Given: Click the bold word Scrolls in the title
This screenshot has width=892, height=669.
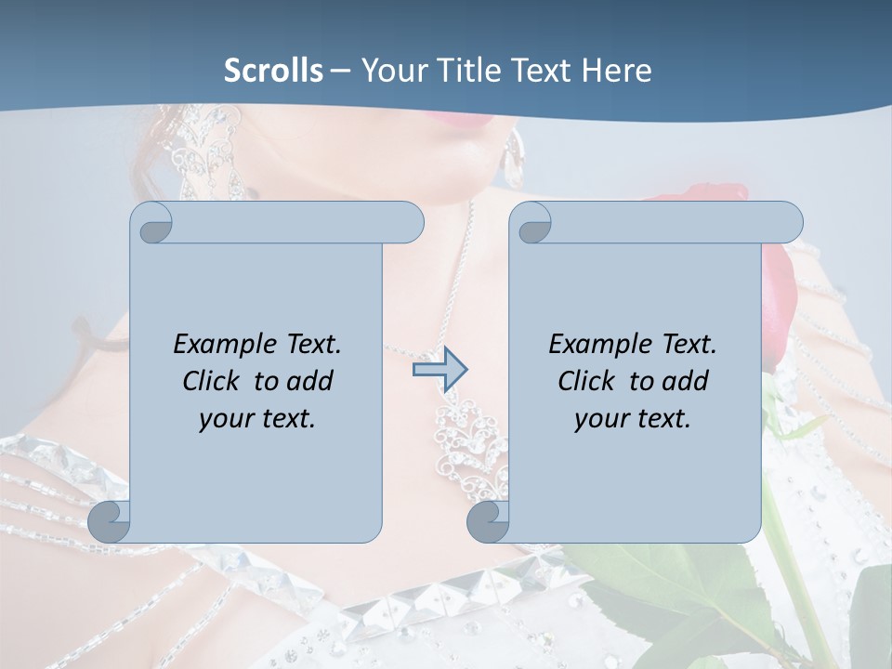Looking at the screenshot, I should (273, 71).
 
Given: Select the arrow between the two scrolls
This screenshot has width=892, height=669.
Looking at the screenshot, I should (439, 370).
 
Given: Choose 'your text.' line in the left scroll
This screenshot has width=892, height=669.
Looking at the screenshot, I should (257, 418).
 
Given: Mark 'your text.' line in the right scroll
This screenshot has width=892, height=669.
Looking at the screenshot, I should (633, 418).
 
